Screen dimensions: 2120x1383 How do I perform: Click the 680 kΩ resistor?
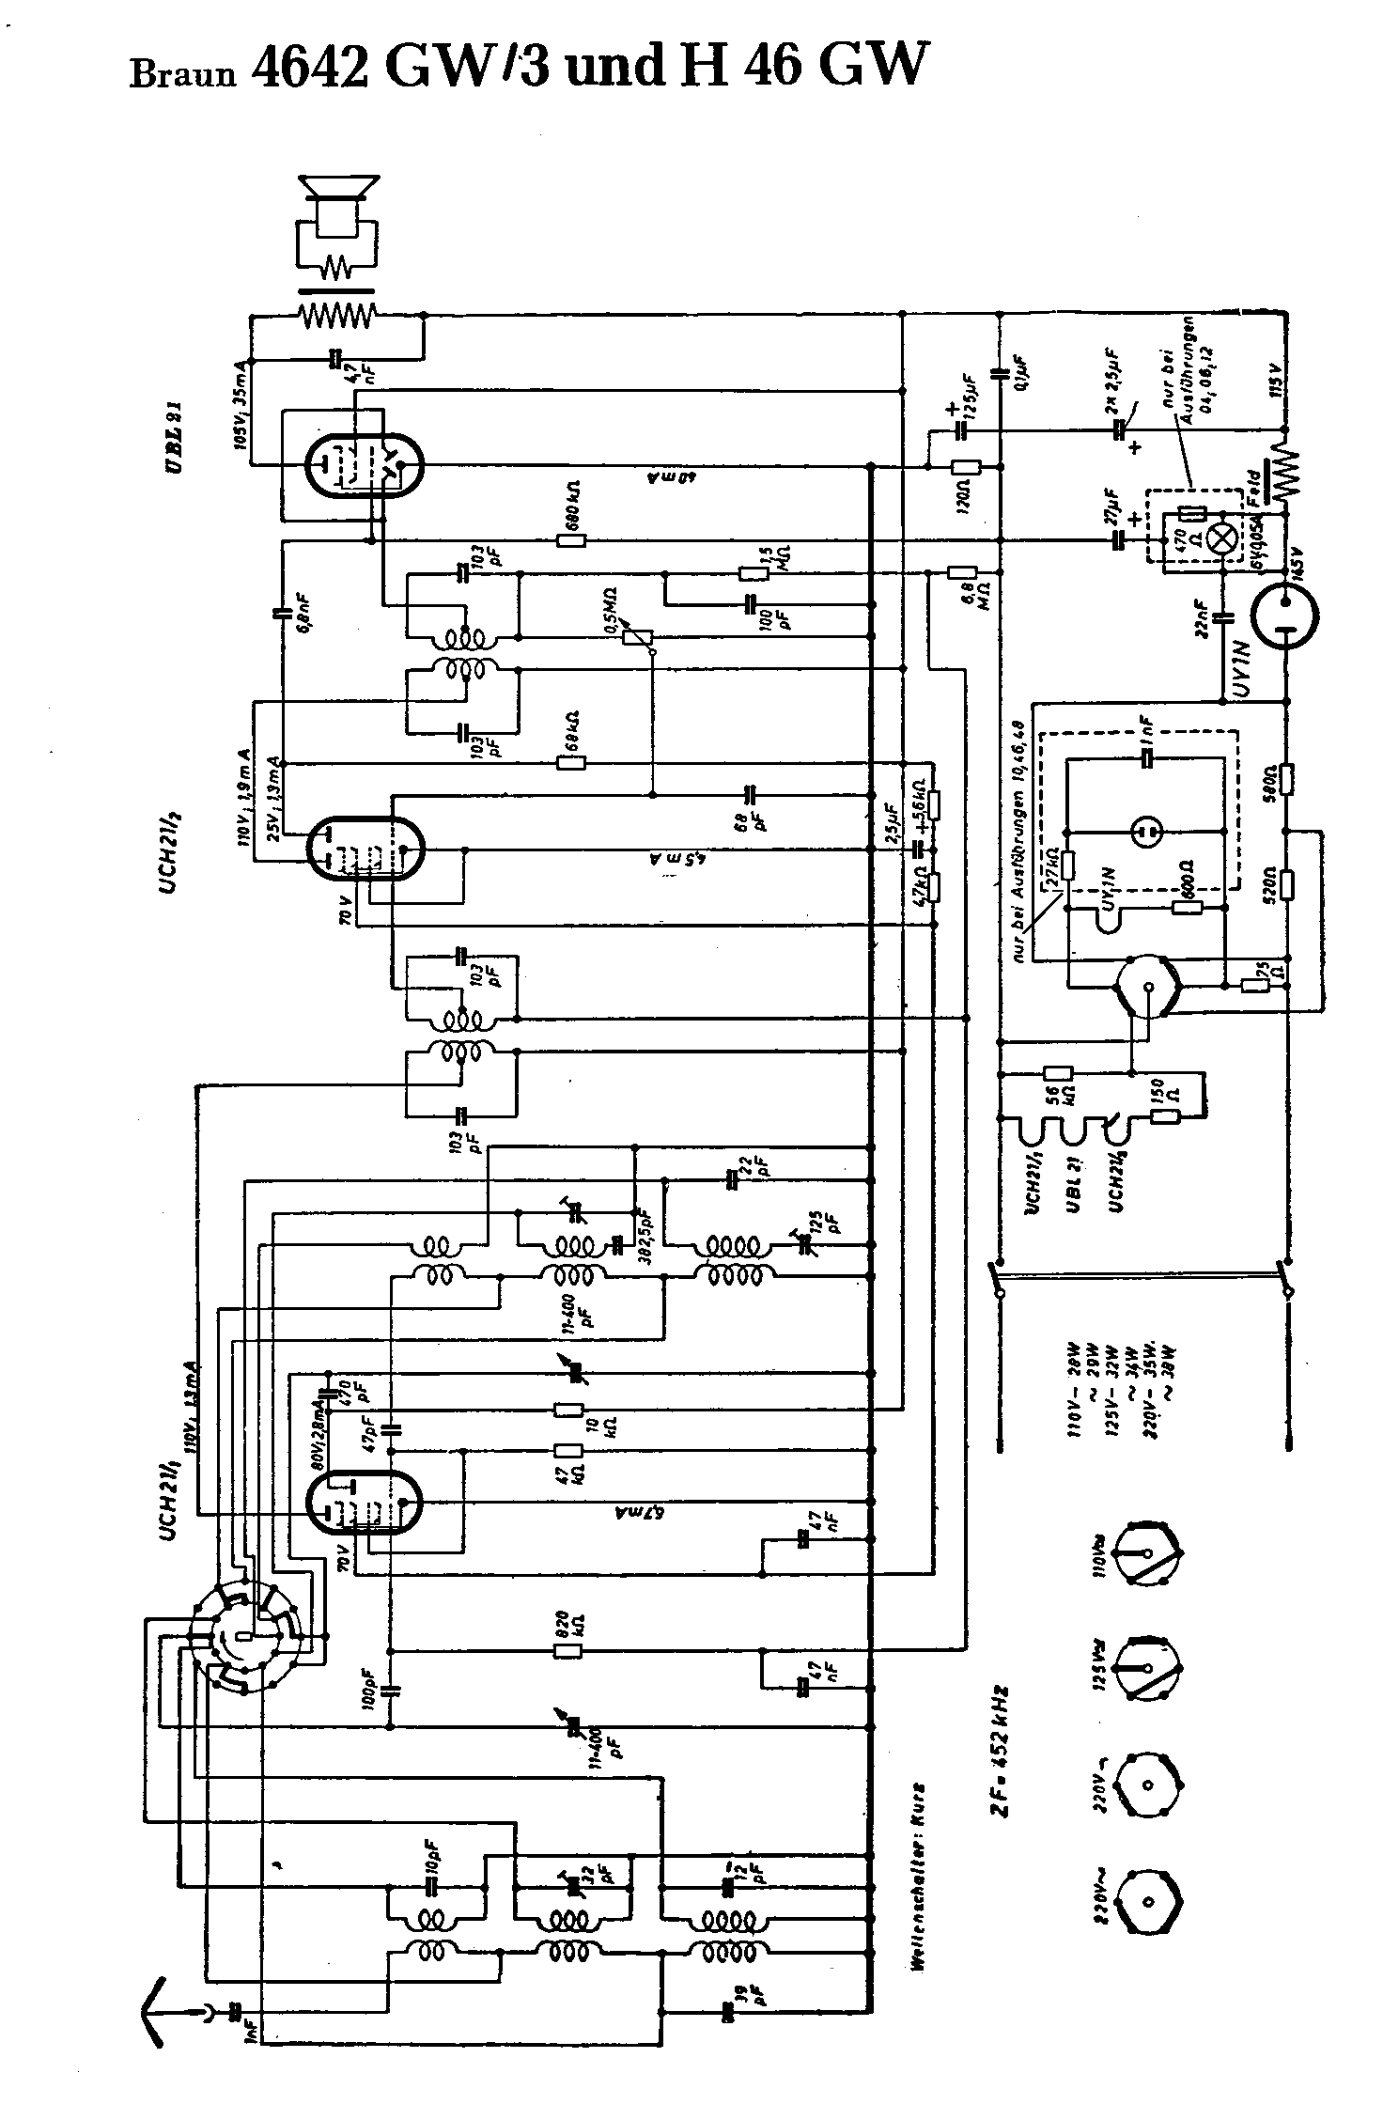(x=570, y=540)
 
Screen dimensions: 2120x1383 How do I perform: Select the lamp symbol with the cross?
(x=1221, y=537)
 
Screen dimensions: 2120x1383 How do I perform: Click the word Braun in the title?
(x=182, y=73)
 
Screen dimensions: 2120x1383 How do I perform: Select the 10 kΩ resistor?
(x=568, y=1410)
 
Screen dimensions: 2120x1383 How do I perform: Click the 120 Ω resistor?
(x=965, y=467)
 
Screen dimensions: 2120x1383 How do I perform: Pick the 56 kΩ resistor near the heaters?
(x=1059, y=1072)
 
